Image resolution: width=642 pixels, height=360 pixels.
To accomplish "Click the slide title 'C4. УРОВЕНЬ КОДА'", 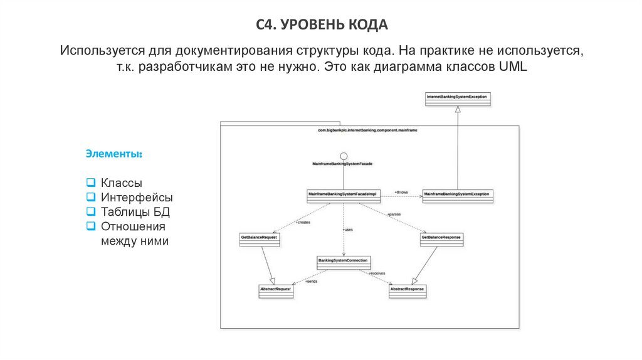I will [x=322, y=24].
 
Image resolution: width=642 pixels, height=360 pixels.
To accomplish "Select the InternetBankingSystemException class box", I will [x=458, y=100].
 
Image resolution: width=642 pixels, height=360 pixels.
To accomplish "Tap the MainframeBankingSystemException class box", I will [x=457, y=195].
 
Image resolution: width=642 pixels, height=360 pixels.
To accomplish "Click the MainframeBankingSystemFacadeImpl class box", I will [x=341, y=195].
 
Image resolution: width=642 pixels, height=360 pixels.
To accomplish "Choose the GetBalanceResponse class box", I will [x=441, y=239].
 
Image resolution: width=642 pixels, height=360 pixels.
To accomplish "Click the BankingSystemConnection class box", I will [x=343, y=262].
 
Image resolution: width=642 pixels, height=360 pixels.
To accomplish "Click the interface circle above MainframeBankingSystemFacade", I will [x=343, y=156].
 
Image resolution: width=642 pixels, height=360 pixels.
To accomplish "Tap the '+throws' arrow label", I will [x=401, y=191].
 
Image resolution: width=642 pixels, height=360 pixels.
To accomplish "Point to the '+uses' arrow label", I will [x=348, y=230].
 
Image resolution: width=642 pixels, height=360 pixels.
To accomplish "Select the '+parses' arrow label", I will [x=394, y=214].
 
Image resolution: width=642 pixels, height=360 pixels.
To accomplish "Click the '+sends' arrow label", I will [x=311, y=282].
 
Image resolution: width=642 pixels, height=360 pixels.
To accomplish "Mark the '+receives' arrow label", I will [x=377, y=273].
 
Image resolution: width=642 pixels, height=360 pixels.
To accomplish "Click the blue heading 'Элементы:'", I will [x=114, y=154].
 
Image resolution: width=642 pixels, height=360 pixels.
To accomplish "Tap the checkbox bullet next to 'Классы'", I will [x=90, y=183].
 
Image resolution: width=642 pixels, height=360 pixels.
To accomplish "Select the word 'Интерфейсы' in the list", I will [x=137, y=198].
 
